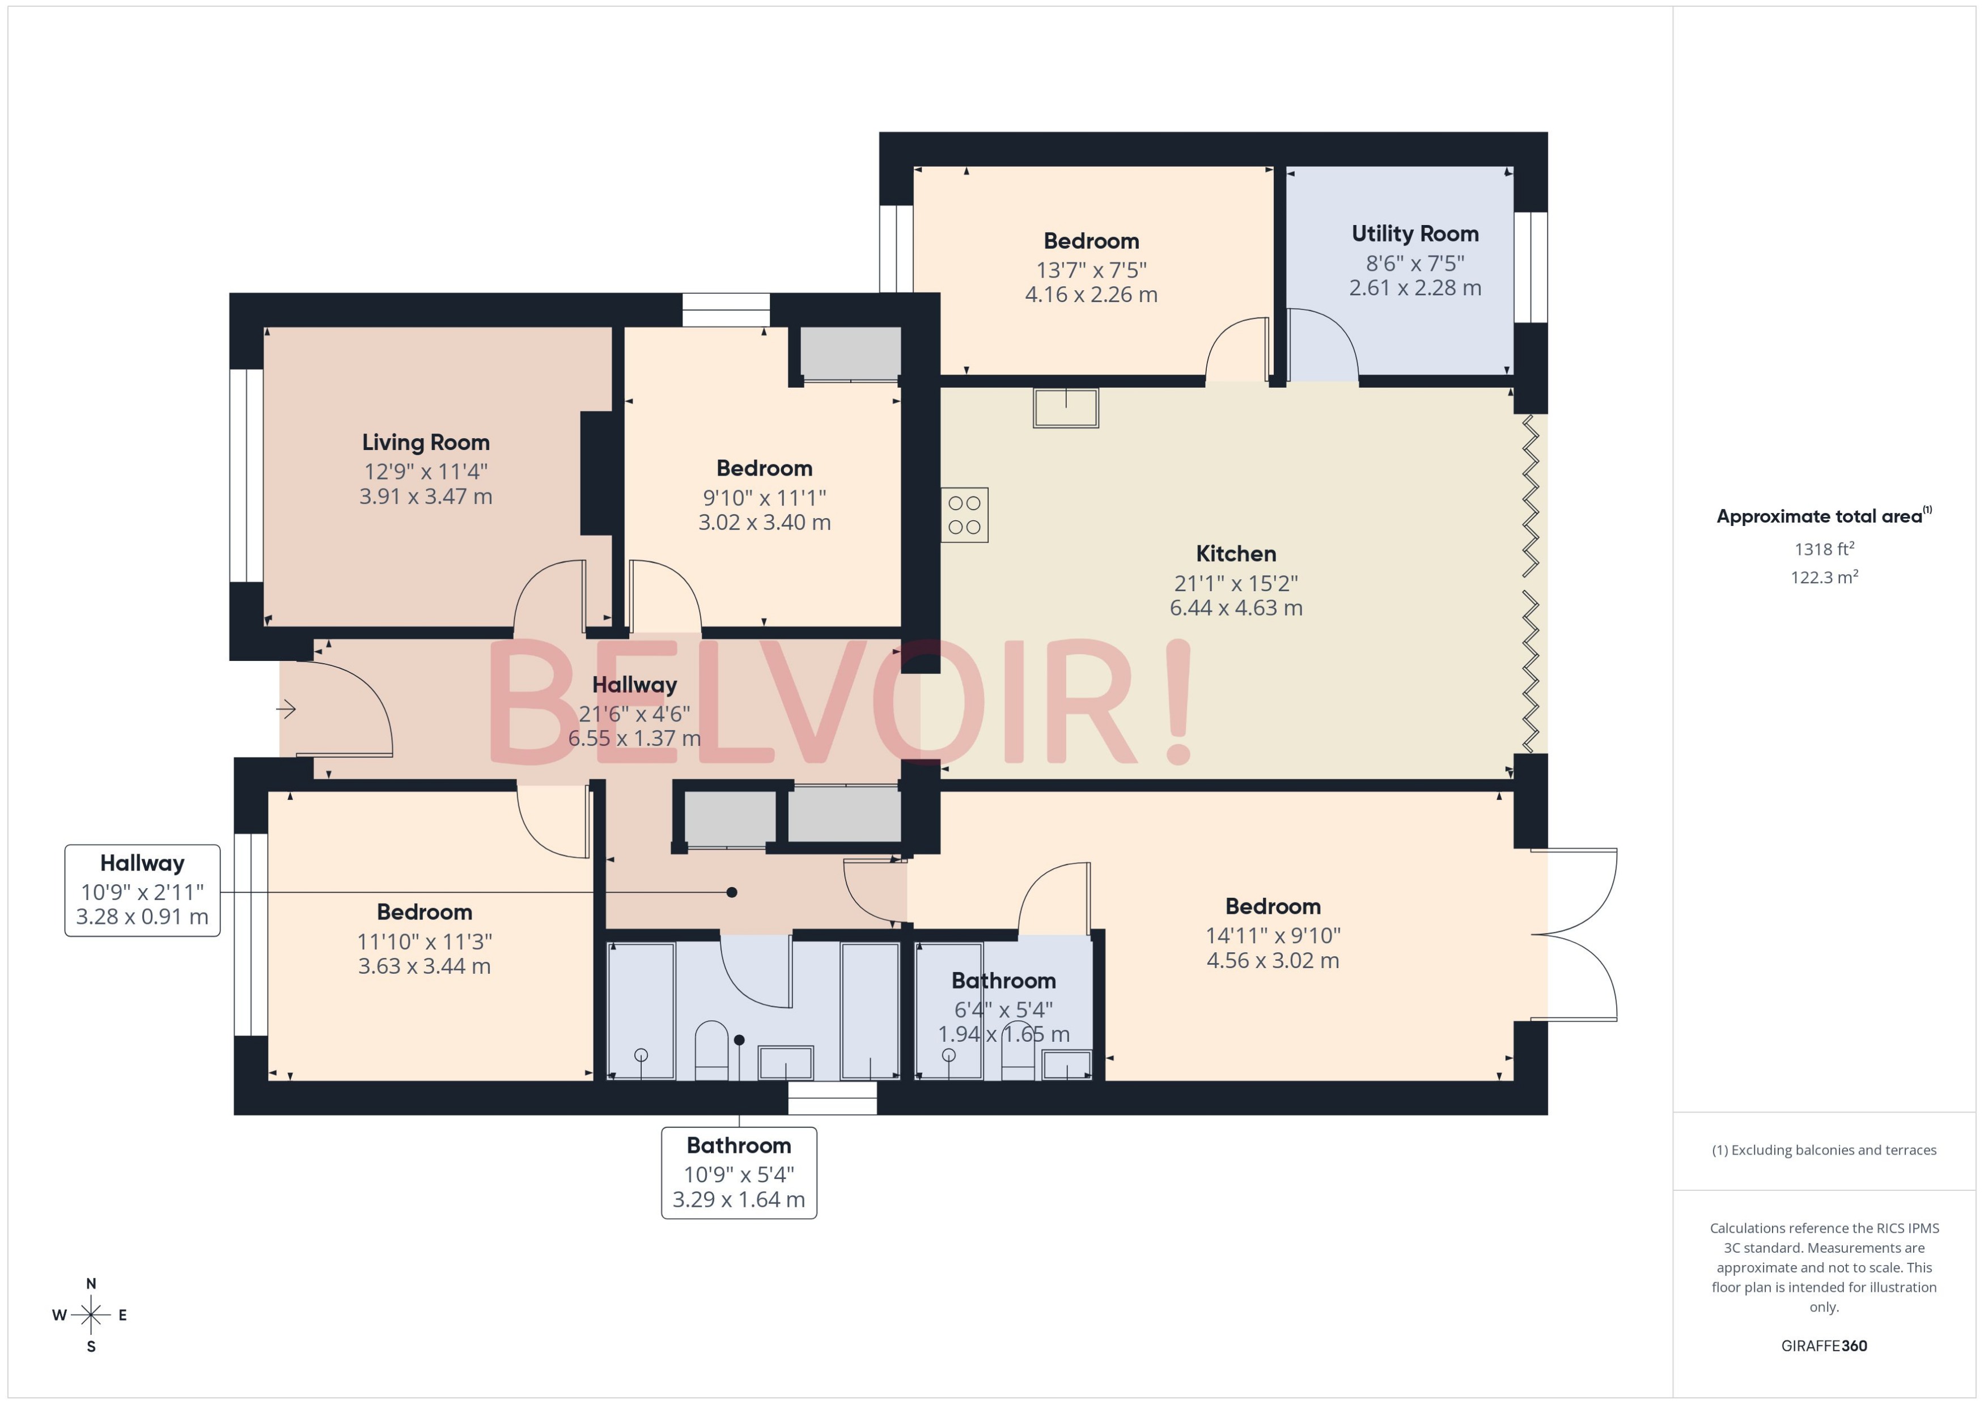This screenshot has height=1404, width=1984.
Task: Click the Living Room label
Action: click(x=425, y=443)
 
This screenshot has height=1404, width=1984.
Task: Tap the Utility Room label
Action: click(x=1414, y=234)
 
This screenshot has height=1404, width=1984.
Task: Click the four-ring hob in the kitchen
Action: click(x=964, y=515)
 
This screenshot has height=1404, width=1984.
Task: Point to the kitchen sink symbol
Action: click(x=1065, y=408)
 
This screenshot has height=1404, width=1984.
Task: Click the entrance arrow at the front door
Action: click(x=287, y=710)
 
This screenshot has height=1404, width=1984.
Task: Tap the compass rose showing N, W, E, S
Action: click(x=91, y=1315)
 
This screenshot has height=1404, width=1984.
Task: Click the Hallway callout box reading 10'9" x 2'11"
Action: click(x=143, y=890)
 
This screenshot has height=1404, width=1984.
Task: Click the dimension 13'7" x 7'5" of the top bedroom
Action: click(x=1091, y=270)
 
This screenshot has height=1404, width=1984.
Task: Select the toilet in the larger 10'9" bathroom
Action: click(x=711, y=1050)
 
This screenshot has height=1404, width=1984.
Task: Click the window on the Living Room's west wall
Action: click(x=247, y=476)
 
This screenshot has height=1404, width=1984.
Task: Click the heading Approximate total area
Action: click(x=1819, y=517)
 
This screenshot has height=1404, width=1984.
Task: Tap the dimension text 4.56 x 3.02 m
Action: click(x=1273, y=961)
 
